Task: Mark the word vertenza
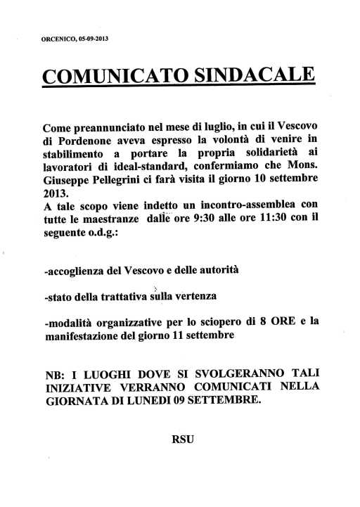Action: [219, 297]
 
